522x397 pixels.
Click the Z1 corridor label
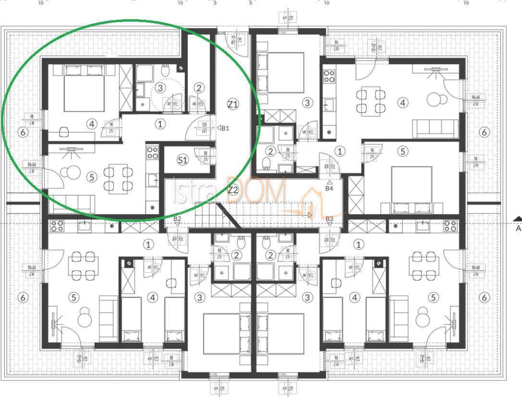(233, 104)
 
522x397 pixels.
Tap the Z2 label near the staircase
(233, 190)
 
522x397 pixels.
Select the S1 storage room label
(183, 160)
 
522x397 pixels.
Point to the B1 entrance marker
(224, 128)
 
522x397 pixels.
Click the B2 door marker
(177, 219)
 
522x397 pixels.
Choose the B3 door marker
(329, 220)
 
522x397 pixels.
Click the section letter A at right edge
(518, 228)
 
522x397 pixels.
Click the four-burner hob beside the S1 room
(152, 153)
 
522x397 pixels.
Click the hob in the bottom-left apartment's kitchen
(57, 226)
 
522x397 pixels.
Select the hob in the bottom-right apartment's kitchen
(450, 226)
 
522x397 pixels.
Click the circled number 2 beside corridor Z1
(199, 88)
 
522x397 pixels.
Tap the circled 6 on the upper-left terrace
(23, 132)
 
